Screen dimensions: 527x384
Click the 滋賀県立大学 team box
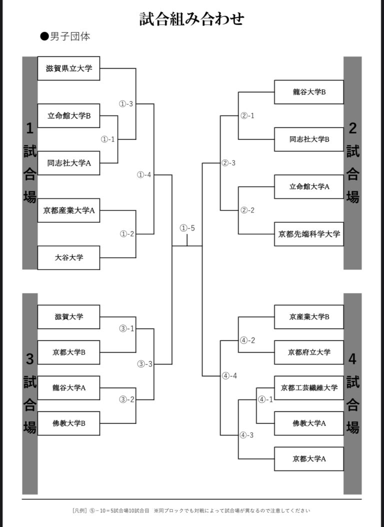pos(68,68)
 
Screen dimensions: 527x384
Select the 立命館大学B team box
pos(68,116)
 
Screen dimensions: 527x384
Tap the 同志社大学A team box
pos(68,163)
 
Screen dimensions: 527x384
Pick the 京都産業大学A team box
pos(68,210)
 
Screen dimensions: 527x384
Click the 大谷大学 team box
pos(68,258)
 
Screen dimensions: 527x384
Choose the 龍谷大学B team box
pos(309,92)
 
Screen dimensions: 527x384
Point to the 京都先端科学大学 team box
pos(309,234)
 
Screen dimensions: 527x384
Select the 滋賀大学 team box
pos(68,316)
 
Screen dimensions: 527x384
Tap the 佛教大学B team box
pos(68,423)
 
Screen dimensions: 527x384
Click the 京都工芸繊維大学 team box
pos(309,387)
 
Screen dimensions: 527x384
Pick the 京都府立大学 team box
pos(309,352)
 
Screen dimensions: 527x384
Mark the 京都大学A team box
pos(309,458)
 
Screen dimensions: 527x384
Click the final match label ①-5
pos(187,228)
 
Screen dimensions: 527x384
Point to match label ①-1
pos(107,139)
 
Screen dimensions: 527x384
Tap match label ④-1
pos(265,399)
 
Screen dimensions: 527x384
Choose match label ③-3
pos(145,364)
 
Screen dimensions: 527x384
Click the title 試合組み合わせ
pos(192,19)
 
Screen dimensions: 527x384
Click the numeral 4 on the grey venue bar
pos(352,359)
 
